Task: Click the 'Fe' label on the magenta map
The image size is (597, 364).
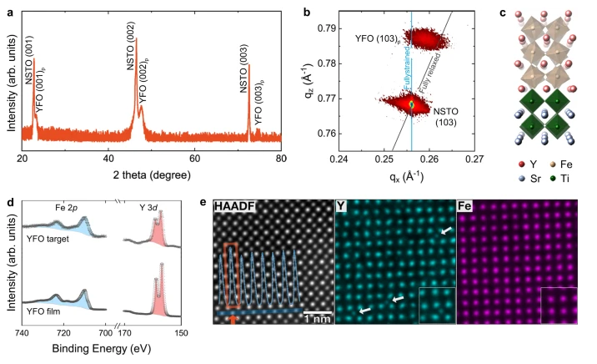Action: [x=466, y=206]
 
